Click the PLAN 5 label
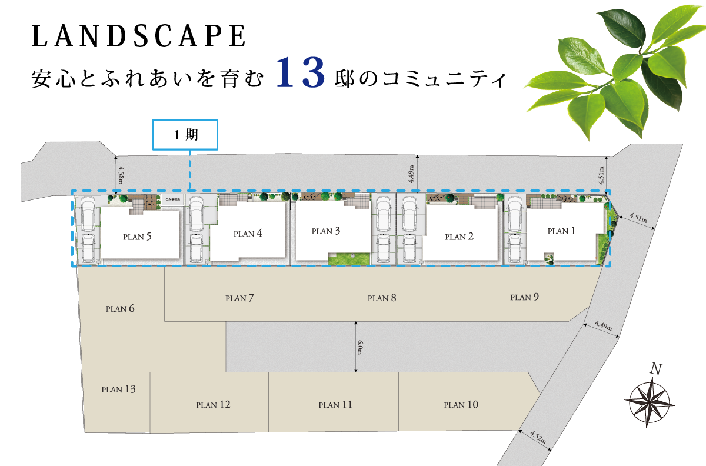tap(137, 237)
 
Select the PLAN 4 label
tap(248, 234)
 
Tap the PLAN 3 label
tap(326, 231)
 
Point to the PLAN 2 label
tap(459, 237)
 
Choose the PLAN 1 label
tap(561, 231)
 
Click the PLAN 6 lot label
tap(120, 308)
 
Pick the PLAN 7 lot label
tap(239, 298)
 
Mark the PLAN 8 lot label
tap(382, 298)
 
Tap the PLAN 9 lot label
tap(524, 297)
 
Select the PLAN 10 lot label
tap(461, 405)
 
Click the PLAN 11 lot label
tap(335, 405)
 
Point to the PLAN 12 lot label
tap(213, 405)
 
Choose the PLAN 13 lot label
tap(118, 389)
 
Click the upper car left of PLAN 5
tap(88, 214)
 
